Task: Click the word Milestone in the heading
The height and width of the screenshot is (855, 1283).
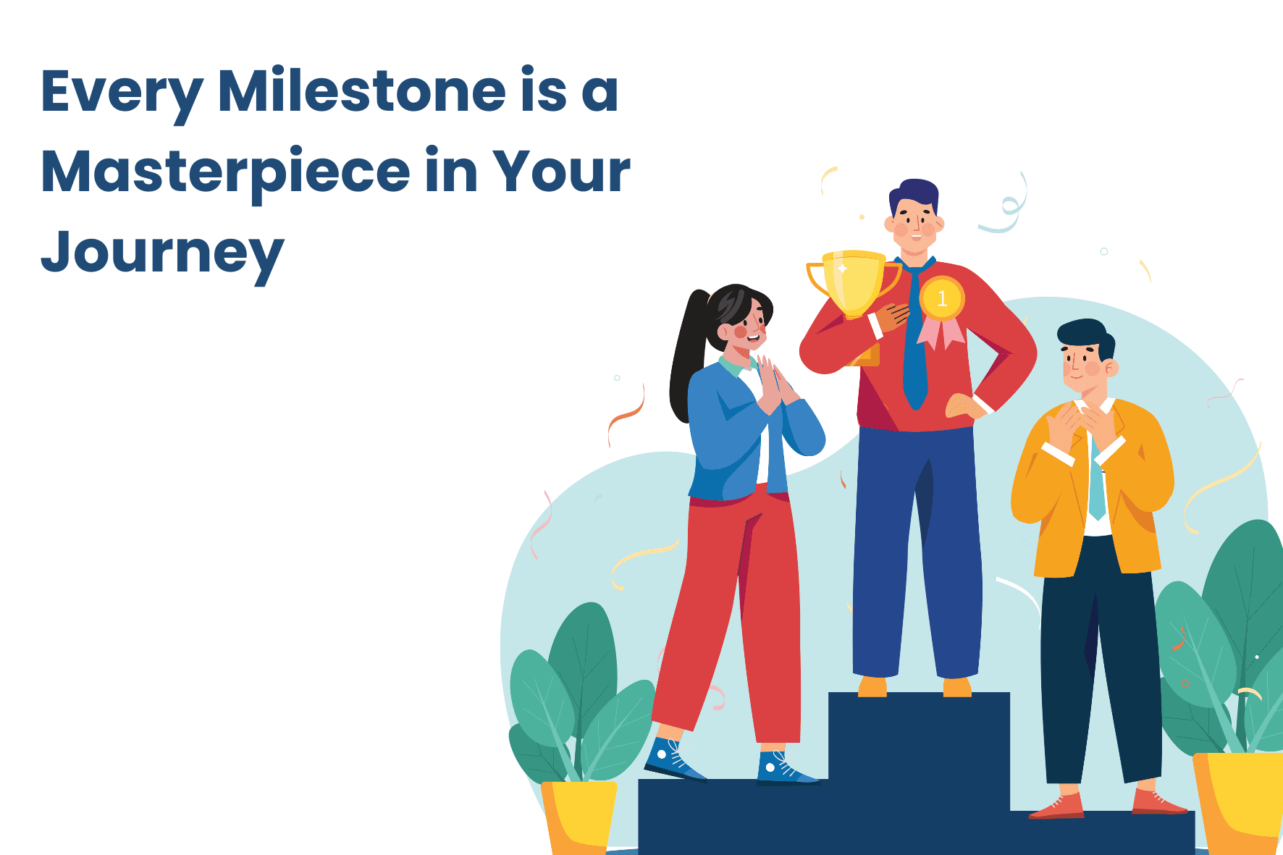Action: pos(362,91)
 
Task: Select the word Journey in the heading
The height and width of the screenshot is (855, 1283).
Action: pos(162,254)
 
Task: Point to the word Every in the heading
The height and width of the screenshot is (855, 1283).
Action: pos(122,95)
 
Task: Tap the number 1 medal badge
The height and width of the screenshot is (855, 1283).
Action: pos(942,298)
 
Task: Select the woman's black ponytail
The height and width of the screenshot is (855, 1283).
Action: pos(688,355)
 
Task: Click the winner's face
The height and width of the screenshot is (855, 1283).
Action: pos(914,224)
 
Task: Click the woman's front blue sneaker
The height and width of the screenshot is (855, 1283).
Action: pos(673,759)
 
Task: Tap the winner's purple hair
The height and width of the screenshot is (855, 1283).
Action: pos(914,195)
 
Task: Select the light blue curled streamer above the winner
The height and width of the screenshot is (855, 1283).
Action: pos(1006,206)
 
